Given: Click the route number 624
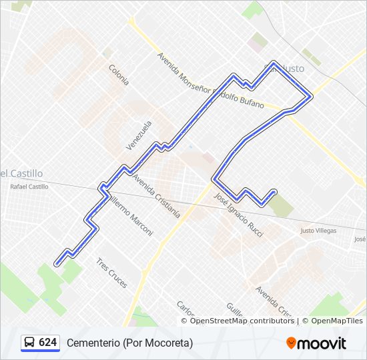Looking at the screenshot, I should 47,343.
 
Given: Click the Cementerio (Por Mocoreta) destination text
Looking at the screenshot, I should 129,343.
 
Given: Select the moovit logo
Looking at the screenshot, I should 316,343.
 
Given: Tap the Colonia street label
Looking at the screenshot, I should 119,74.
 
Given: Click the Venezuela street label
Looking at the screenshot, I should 139,135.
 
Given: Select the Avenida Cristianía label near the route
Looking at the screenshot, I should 156,197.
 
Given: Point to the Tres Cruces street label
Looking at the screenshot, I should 111,273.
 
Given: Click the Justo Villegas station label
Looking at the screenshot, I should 318,231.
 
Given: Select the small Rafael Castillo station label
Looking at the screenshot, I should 29,187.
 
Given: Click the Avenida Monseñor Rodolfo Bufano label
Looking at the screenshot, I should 210,81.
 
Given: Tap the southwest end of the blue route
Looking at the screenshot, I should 57,263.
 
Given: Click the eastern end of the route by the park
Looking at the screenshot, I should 274,192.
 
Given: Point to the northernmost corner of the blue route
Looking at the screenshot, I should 273,63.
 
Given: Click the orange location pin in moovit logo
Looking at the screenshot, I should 291,343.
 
